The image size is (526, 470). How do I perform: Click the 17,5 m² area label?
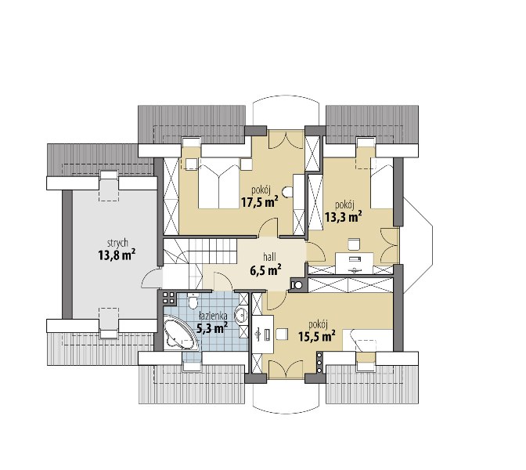pyautogui.click(x=259, y=202)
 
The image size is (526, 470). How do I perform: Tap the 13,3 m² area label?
pyautogui.click(x=343, y=216)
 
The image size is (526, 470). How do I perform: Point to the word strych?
pyautogui.click(x=117, y=243)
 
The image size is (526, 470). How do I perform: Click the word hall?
pyautogui.click(x=269, y=257)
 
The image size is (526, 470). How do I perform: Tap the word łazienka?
pyautogui.click(x=213, y=316)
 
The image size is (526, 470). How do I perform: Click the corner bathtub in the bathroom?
pyautogui.click(x=179, y=332)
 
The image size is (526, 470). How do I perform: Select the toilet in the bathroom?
pyautogui.click(x=193, y=301)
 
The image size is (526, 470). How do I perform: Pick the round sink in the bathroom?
pyautogui.click(x=242, y=315)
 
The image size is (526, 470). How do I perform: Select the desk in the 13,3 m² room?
pyautogui.click(x=355, y=262)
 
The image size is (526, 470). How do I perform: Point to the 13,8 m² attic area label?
pyautogui.click(x=117, y=255)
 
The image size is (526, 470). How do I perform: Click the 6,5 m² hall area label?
pyautogui.click(x=265, y=269)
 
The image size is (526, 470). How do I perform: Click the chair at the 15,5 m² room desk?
pyautogui.click(x=282, y=334)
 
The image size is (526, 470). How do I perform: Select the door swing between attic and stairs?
pyautogui.click(x=152, y=277)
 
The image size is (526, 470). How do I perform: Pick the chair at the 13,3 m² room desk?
pyautogui.click(x=355, y=244)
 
